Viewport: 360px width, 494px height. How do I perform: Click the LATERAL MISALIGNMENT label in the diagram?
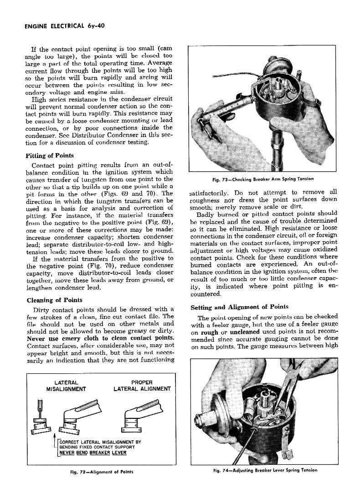pos(67,386)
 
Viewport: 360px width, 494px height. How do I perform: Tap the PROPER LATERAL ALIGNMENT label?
pos(141,386)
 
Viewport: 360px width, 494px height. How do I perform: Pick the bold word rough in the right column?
pos(210,332)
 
